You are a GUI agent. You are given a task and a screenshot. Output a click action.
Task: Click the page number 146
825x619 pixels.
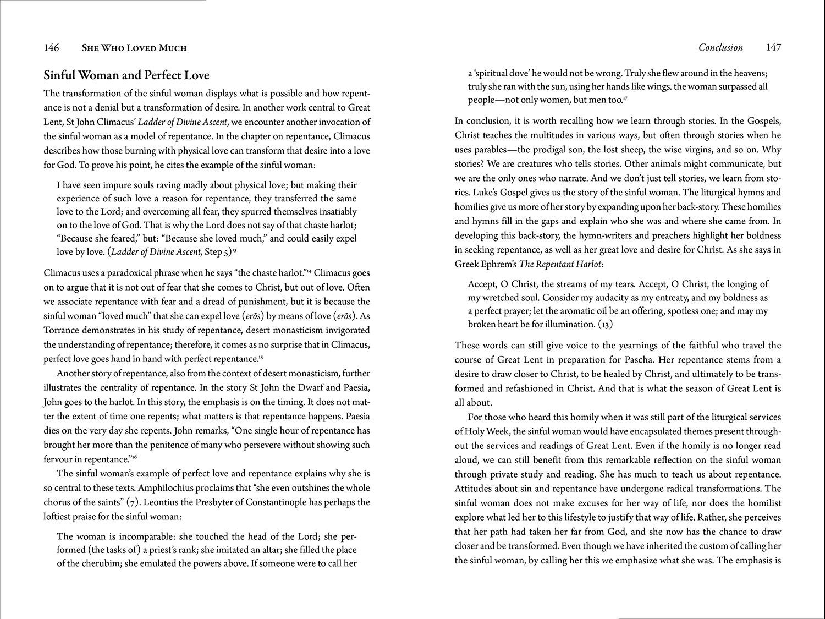pos(51,48)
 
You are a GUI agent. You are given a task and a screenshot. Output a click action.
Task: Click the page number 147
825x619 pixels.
pos(773,48)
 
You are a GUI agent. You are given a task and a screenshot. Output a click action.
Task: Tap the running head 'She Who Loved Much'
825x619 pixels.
pos(134,48)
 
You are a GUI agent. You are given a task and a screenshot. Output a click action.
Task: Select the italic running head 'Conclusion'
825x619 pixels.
pos(721,48)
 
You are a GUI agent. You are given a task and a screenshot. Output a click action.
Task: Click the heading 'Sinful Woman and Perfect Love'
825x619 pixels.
pos(127,75)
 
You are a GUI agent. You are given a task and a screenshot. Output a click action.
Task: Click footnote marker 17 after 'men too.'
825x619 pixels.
pos(626,98)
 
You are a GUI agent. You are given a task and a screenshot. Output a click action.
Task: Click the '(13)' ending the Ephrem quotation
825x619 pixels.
pos(605,325)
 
